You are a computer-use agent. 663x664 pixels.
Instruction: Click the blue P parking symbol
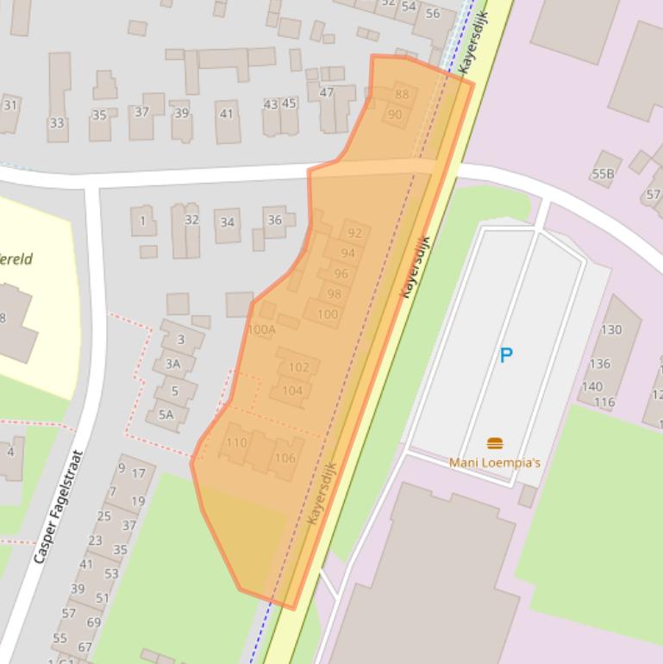(506, 354)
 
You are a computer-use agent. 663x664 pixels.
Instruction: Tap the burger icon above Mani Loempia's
(495, 443)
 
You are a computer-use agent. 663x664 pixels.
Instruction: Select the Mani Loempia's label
(495, 463)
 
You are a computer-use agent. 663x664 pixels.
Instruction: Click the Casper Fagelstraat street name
(58, 507)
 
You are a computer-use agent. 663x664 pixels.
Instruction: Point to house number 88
(402, 95)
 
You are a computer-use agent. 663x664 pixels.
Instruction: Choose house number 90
(395, 115)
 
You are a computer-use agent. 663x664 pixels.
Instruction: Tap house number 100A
(261, 329)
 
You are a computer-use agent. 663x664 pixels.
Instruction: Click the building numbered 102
(298, 367)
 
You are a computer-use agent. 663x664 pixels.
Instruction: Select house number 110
(235, 443)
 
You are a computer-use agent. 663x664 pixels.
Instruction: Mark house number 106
(285, 458)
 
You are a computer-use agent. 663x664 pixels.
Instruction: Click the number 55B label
(603, 174)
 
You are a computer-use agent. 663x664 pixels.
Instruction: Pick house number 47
(327, 93)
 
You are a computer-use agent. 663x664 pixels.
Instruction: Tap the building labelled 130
(611, 329)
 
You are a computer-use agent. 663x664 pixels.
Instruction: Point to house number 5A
(166, 415)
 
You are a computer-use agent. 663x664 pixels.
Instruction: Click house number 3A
(173, 364)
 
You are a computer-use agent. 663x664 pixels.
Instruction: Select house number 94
(348, 254)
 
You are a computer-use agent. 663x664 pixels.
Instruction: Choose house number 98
(335, 294)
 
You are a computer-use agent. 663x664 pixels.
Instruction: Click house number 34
(228, 222)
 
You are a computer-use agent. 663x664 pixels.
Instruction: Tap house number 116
(604, 402)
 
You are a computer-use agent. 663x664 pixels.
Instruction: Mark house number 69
(94, 622)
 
